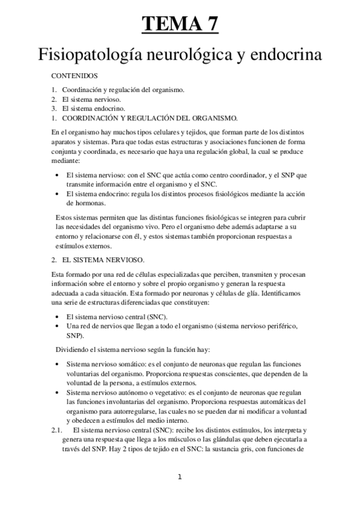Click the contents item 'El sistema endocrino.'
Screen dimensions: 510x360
(x=94, y=108)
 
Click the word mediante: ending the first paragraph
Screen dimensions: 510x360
(x=65, y=161)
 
